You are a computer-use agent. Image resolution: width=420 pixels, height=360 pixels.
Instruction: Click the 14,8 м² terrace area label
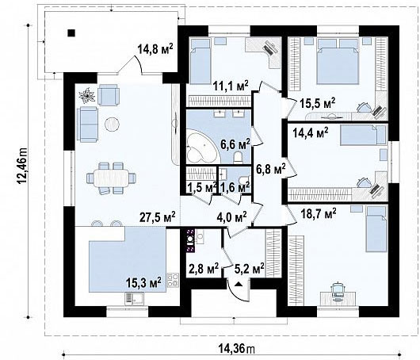[x=155, y=49]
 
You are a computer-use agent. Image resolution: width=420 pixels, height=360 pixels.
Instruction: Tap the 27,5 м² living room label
[x=158, y=216]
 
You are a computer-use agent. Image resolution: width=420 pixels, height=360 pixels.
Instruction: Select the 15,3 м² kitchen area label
[x=143, y=282]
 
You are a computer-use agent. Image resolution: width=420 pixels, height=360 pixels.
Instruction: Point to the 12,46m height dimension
[x=22, y=166]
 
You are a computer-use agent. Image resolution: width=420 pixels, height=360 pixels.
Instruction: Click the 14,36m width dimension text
[x=236, y=349]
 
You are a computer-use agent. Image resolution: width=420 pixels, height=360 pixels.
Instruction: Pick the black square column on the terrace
[x=71, y=33]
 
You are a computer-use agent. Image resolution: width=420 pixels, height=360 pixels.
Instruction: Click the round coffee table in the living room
[x=112, y=124]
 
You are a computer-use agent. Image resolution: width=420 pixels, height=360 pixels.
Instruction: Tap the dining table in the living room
[x=111, y=178]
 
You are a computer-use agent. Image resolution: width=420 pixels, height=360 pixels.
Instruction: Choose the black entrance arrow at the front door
[x=239, y=285]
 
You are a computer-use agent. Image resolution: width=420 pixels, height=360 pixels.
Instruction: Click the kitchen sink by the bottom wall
[x=134, y=299]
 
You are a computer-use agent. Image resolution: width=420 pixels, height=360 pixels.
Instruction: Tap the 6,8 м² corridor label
[x=271, y=169]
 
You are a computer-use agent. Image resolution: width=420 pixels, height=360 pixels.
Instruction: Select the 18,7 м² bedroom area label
[x=317, y=214]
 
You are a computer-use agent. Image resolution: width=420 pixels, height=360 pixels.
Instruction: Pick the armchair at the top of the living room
[x=109, y=94]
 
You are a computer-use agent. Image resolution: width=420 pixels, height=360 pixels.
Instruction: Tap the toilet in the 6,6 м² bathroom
[x=238, y=158]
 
